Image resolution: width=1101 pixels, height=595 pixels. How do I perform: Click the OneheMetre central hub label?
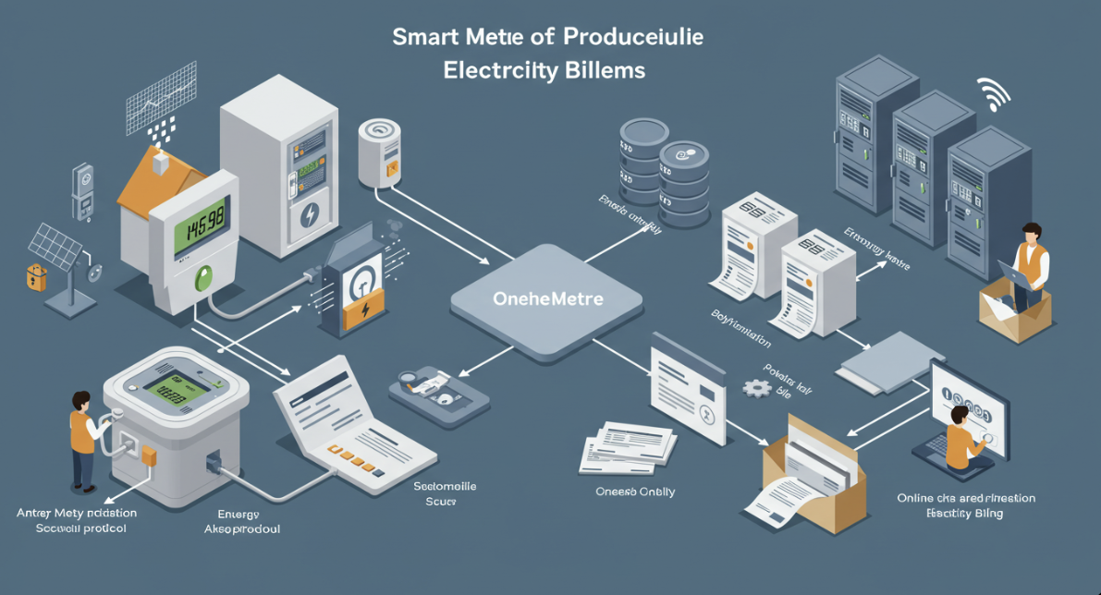pyautogui.click(x=548, y=298)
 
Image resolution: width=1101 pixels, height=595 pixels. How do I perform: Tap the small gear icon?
pyautogui.click(x=757, y=389)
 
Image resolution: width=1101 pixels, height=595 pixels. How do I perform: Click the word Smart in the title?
pyautogui.click(x=422, y=38)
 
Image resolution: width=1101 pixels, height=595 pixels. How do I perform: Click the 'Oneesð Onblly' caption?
pyautogui.click(x=635, y=492)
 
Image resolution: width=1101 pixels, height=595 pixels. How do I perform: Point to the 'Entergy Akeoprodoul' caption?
pyautogui.click(x=240, y=522)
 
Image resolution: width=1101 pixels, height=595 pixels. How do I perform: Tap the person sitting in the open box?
pyautogui.click(x=1029, y=263)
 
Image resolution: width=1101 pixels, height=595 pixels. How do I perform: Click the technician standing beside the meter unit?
pyautogui.click(x=83, y=438)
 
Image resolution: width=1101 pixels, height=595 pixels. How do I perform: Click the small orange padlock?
pyautogui.click(x=36, y=277)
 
